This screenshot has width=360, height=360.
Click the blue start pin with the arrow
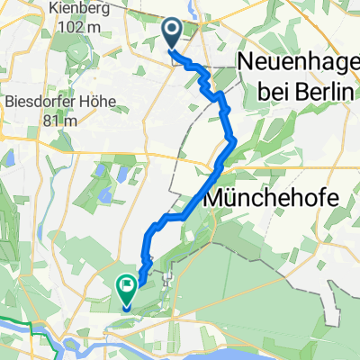pos(173,33)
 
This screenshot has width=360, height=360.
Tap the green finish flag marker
pos(127,290)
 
